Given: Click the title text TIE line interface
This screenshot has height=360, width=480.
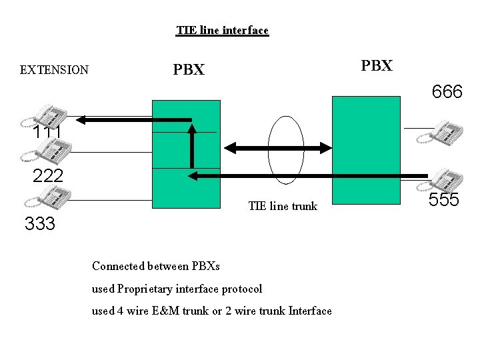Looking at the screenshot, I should point(222,31).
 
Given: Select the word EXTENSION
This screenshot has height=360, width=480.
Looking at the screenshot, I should point(54,70).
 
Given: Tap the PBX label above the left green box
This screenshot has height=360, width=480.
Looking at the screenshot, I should point(189,70).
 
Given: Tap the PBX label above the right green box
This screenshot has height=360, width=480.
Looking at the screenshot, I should point(377,65).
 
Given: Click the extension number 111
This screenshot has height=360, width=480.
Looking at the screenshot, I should point(47,133).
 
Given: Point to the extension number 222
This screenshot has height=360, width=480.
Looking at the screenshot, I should point(48,176).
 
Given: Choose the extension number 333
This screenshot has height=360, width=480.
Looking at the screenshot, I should point(39,224).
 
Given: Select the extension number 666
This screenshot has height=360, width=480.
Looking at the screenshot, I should point(447,92).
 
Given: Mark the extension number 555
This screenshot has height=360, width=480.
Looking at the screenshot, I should point(443,200).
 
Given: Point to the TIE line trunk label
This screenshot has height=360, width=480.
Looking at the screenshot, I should point(283,206).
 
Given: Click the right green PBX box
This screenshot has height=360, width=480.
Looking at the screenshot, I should point(367,150).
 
